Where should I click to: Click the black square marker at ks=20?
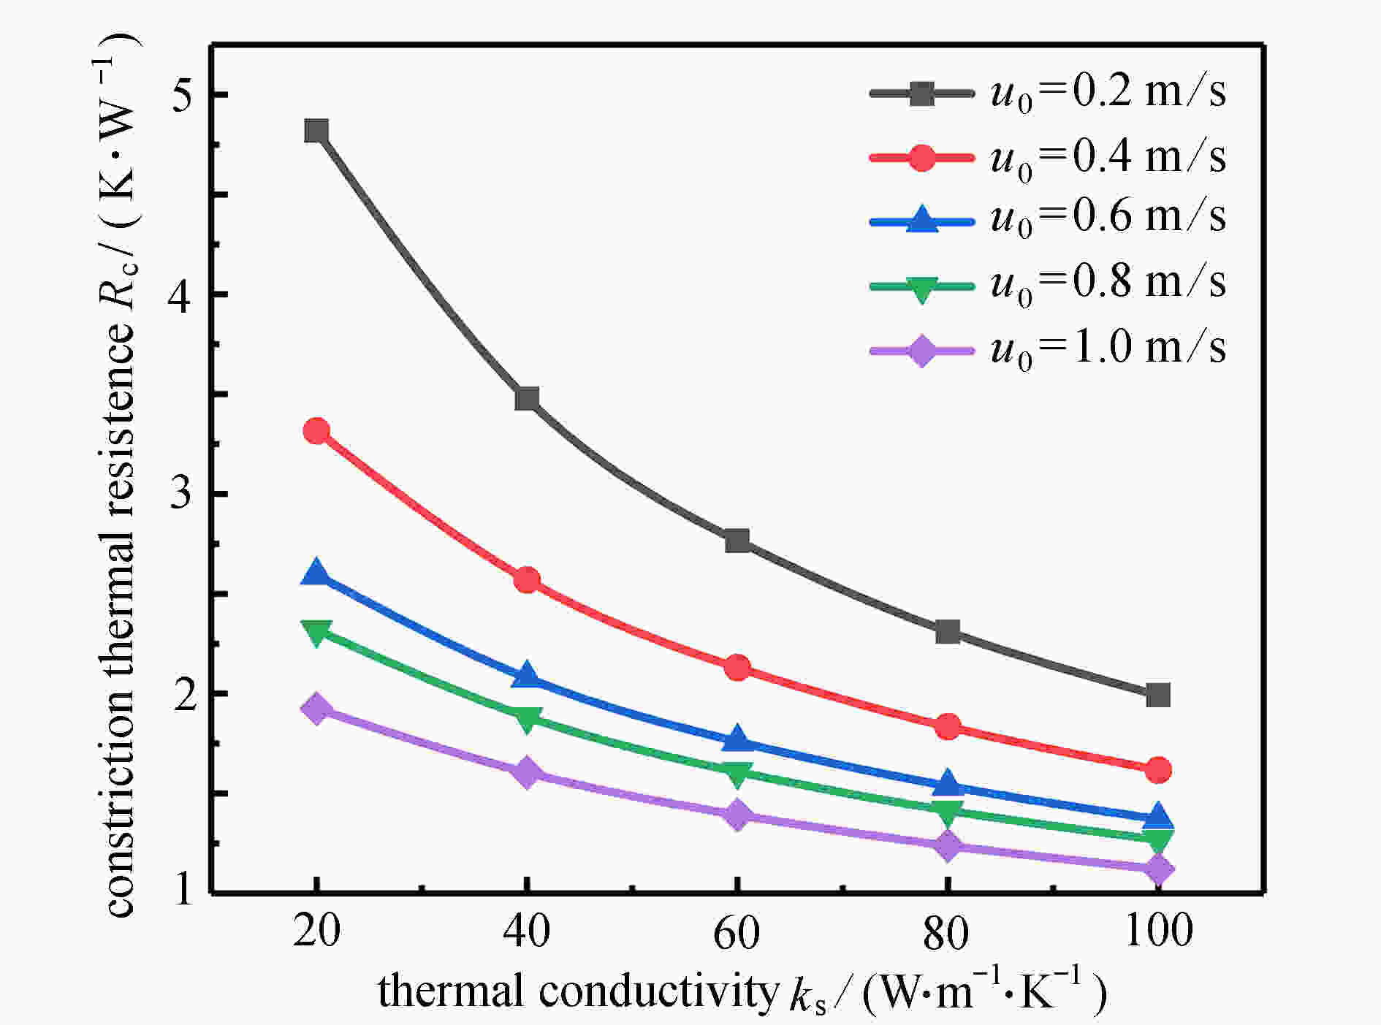316,132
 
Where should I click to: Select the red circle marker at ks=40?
527,581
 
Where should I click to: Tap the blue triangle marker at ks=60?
737,739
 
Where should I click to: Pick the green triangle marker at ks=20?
316,633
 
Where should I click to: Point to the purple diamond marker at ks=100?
1158,869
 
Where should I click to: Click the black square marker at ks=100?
1158,695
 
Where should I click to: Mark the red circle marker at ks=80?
948,727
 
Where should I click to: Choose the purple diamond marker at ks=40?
527,773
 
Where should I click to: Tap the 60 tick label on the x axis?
737,932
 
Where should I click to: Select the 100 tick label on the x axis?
1158,931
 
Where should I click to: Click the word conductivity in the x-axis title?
658,991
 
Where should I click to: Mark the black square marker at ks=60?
737,541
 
